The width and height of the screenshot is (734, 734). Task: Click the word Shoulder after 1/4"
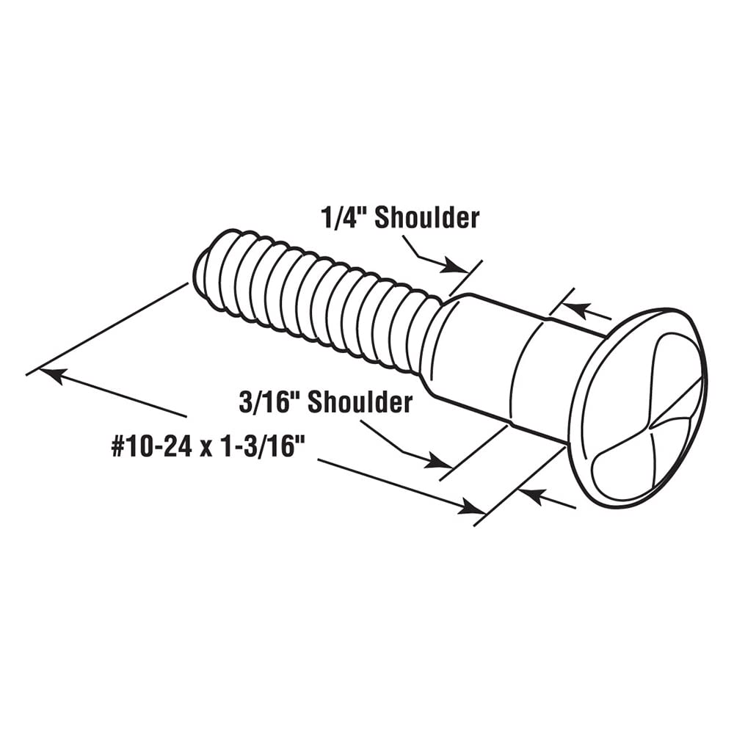point(427,218)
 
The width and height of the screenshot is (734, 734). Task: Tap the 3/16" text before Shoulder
point(269,402)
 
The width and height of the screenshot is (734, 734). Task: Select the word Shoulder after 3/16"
point(360,402)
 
